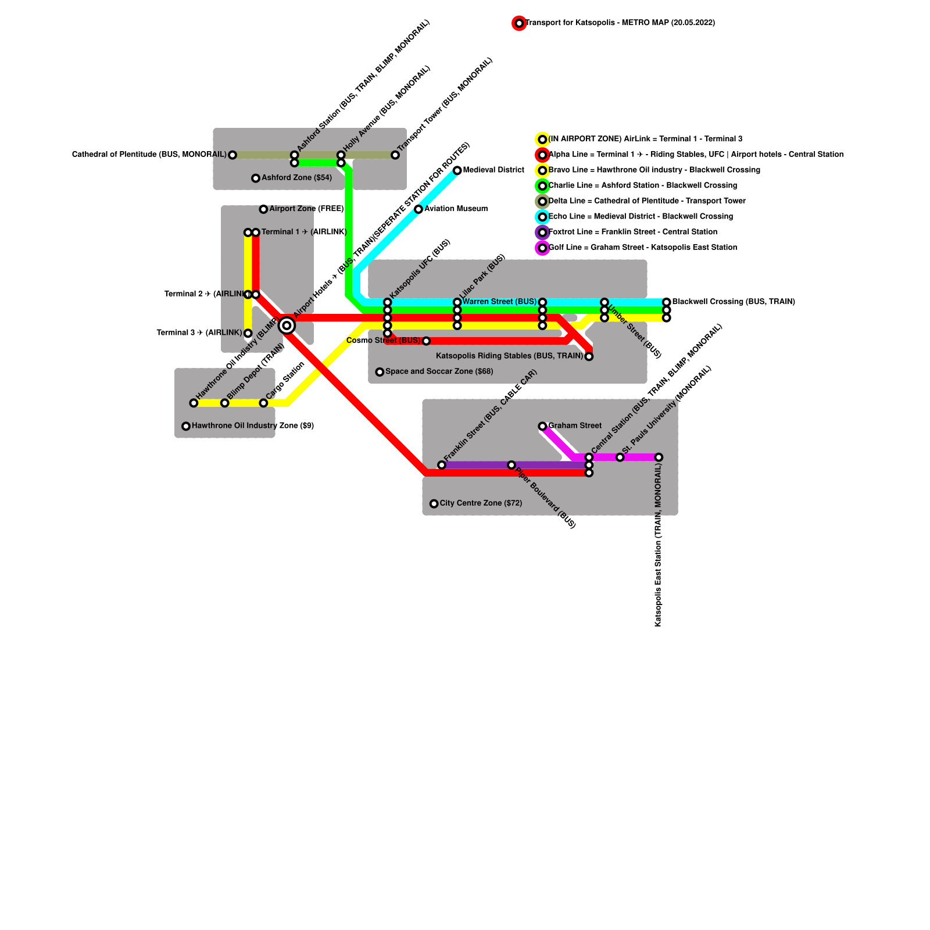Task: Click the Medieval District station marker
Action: (x=457, y=170)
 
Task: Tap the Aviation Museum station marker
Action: (x=419, y=209)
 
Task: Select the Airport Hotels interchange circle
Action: (x=287, y=325)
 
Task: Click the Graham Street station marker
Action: (x=542, y=426)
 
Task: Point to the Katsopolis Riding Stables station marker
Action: (x=589, y=356)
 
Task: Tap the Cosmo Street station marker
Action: (x=426, y=341)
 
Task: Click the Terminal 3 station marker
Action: (x=248, y=333)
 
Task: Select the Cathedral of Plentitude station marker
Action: (x=233, y=155)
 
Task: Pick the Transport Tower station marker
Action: (x=395, y=155)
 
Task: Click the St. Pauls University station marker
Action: (x=620, y=457)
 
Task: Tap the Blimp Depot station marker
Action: (x=224, y=403)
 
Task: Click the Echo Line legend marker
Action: (x=542, y=217)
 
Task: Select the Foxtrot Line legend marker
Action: (x=542, y=233)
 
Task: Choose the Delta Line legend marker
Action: (x=542, y=202)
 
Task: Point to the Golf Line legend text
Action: (x=642, y=248)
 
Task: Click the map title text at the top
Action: (x=620, y=23)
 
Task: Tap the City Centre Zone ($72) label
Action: (x=481, y=503)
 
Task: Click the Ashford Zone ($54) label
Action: (x=296, y=178)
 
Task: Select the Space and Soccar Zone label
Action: (x=439, y=371)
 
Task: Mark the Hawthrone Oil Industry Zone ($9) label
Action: (x=253, y=426)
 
